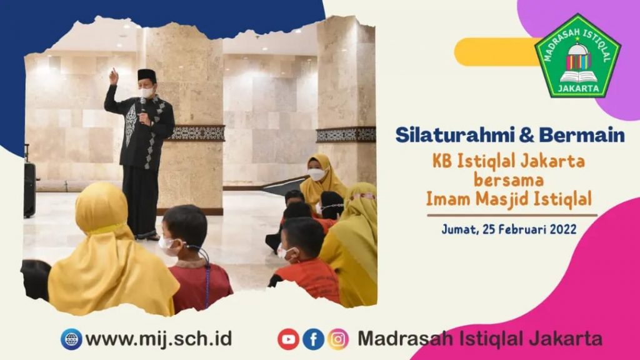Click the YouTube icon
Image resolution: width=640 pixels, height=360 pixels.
pyautogui.click(x=288, y=339)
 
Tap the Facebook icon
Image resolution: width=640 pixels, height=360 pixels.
pyautogui.click(x=313, y=339)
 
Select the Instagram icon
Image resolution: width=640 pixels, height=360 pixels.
pyautogui.click(x=338, y=339)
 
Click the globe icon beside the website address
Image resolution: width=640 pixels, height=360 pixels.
pyautogui.click(x=71, y=339)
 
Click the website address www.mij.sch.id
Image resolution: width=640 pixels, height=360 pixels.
pyautogui.click(x=159, y=339)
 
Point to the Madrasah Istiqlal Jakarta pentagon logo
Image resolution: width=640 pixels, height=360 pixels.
pyautogui.click(x=577, y=56)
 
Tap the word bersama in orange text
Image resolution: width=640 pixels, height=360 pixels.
pyautogui.click(x=508, y=180)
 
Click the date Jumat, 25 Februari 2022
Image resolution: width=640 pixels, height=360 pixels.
pyautogui.click(x=509, y=229)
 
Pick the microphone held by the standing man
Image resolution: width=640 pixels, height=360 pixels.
pyautogui.click(x=143, y=107)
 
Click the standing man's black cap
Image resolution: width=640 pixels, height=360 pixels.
pyautogui.click(x=146, y=75)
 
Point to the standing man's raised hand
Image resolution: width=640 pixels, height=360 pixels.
pyautogui.click(x=114, y=76)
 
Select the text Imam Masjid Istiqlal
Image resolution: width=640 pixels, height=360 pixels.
pyautogui.click(x=509, y=199)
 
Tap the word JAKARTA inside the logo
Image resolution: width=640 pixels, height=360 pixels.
pyautogui.click(x=578, y=88)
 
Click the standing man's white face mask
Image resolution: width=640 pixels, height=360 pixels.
pyautogui.click(x=146, y=92)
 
